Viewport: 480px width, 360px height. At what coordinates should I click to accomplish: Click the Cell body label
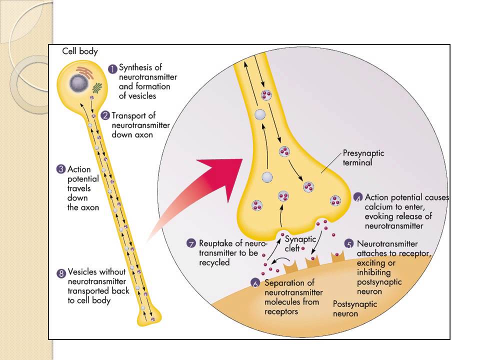click(x=80, y=51)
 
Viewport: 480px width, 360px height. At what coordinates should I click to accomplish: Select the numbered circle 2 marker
click(x=105, y=115)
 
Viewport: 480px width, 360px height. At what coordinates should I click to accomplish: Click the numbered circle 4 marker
click(x=358, y=197)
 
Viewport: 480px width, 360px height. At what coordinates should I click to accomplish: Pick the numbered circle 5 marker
click(x=350, y=244)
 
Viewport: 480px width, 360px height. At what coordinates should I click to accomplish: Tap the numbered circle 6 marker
click(x=256, y=283)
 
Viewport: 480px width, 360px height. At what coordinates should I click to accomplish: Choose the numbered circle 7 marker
click(x=191, y=244)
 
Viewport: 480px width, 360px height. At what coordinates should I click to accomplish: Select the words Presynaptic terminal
click(x=363, y=158)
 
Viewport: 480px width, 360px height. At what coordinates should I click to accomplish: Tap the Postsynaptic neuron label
click(x=355, y=308)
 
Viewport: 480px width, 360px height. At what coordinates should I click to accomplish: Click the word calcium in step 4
click(x=380, y=207)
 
